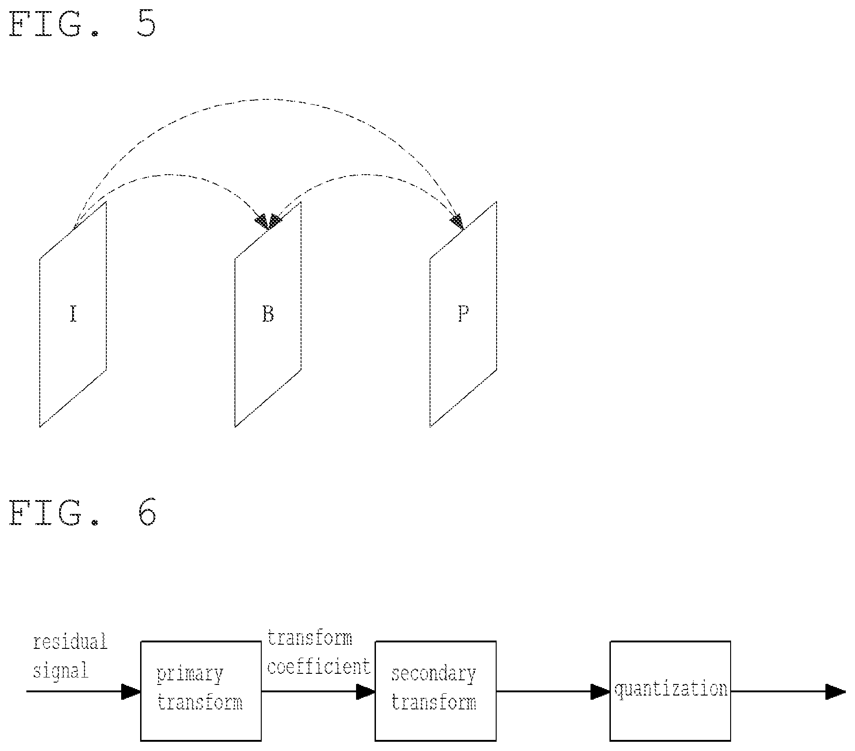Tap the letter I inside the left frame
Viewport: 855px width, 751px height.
[x=73, y=314]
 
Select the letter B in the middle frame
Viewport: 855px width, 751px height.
[x=268, y=314]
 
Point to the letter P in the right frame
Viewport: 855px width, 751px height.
[x=463, y=314]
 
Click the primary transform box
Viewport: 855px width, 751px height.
[x=201, y=691]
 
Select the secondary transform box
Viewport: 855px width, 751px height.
[x=435, y=691]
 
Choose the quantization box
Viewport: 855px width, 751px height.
[x=670, y=691]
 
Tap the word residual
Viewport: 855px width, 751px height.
[x=70, y=642]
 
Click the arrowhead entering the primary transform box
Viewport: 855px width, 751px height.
[x=131, y=692]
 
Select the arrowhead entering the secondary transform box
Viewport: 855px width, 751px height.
[x=365, y=692]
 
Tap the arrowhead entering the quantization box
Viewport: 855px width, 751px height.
[x=600, y=692]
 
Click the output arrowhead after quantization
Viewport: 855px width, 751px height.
[x=836, y=692]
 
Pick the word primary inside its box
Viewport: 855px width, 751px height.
[x=190, y=674]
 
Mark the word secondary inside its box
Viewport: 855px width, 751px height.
[x=433, y=674]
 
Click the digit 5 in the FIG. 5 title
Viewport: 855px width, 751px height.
[x=146, y=24]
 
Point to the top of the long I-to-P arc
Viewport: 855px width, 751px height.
[x=264, y=99]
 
